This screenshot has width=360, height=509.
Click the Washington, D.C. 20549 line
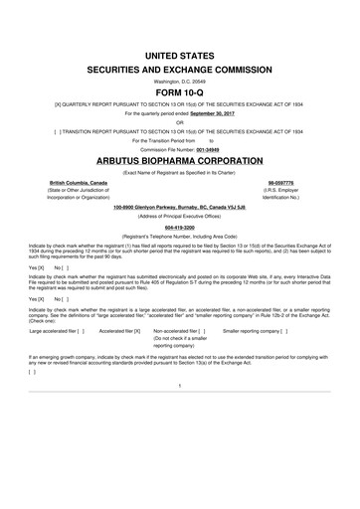(x=179, y=94)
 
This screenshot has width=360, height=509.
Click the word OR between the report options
(x=179, y=151)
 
